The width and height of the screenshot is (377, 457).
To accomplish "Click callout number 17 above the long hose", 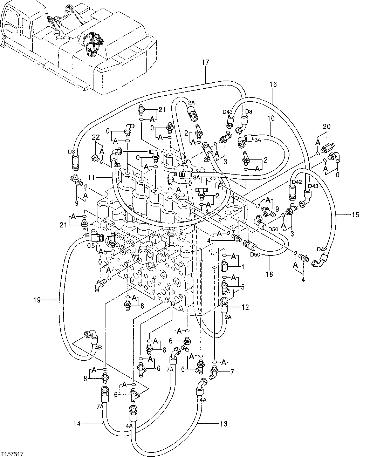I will click(205, 63).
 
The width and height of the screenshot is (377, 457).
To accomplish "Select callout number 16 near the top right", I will click(273, 84).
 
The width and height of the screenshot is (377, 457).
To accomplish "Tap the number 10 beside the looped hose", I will click(271, 118).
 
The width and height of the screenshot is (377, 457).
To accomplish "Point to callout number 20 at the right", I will click(327, 127).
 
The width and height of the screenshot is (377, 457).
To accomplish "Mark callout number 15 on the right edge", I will click(355, 215).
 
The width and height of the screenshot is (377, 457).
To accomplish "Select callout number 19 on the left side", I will click(37, 300).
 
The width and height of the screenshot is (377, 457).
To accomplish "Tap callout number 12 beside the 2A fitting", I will click(245, 307).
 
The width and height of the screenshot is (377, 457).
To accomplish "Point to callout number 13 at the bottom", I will click(224, 424).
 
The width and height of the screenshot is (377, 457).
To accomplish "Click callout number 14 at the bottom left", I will click(77, 424).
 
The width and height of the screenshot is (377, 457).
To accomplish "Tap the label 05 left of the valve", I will click(91, 245).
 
